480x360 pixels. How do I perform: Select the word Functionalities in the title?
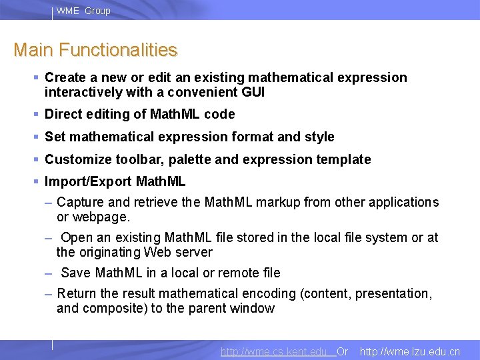[x=118, y=50]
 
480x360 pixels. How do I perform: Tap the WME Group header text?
[x=83, y=11]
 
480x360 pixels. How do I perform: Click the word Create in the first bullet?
[x=65, y=78]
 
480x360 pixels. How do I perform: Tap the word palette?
[x=190, y=159]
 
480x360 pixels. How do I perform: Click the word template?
[x=346, y=159]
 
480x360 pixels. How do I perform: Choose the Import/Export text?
[x=88, y=181]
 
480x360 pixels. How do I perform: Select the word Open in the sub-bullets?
[x=77, y=238]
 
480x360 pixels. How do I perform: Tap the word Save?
[x=77, y=273]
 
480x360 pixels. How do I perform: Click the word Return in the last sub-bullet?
[x=78, y=293]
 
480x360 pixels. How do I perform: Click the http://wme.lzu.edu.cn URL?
[x=409, y=351]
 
